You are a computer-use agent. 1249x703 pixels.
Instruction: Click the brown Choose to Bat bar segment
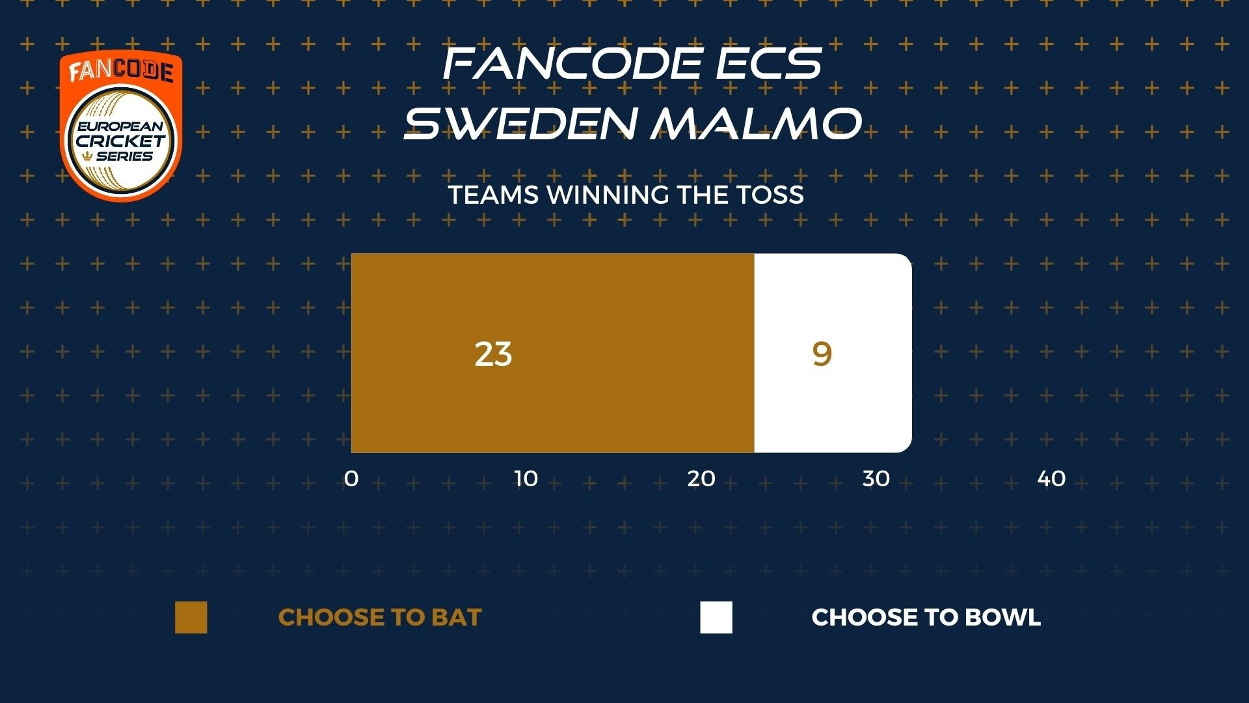tap(553, 353)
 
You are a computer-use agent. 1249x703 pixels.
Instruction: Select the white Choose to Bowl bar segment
tap(833, 353)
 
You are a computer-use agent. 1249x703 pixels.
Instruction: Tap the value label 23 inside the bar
tap(493, 354)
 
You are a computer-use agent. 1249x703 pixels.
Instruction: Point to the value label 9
tap(822, 354)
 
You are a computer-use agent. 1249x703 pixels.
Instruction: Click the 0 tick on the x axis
tap(351, 478)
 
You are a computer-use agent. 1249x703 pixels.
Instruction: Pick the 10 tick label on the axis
tap(526, 478)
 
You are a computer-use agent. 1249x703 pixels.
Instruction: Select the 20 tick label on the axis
tap(701, 478)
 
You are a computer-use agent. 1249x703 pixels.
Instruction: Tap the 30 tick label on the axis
tap(876, 478)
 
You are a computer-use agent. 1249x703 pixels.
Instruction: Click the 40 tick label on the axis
tap(1051, 478)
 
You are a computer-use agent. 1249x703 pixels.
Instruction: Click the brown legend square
tap(191, 617)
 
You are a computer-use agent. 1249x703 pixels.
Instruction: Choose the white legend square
tap(716, 617)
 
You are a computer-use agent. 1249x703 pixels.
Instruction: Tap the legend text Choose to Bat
tap(380, 617)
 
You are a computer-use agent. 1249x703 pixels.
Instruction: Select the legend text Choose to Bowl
tap(926, 617)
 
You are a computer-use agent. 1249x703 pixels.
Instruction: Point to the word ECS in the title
tap(768, 64)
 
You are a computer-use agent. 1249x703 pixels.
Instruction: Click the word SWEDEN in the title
tap(518, 123)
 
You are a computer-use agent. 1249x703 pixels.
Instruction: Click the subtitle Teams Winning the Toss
tap(626, 195)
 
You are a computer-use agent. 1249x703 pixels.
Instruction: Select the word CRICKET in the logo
tap(121, 141)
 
